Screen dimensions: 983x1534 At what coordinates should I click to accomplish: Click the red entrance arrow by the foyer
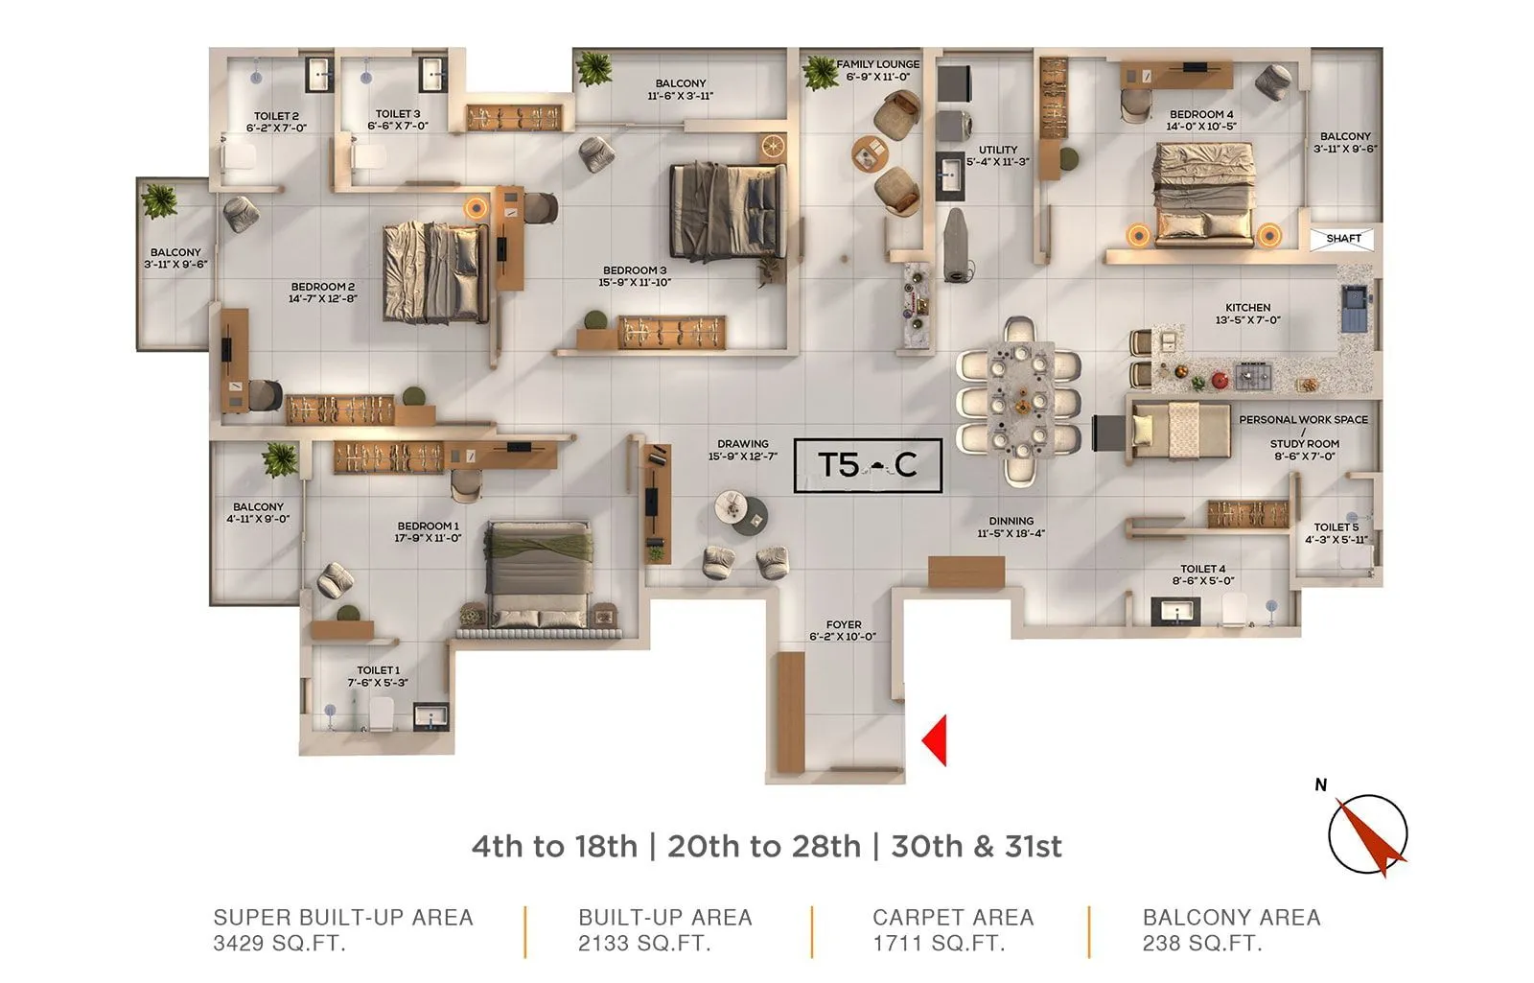(x=936, y=740)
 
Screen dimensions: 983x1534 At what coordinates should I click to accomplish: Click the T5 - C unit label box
(x=868, y=465)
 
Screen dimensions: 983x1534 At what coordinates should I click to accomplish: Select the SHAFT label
(x=1342, y=239)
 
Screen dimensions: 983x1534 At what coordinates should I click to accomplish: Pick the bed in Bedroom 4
(x=1204, y=192)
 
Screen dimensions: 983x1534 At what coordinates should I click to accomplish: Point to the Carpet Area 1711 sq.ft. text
(x=952, y=930)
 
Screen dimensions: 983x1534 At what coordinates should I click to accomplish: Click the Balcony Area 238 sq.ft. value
(x=1201, y=944)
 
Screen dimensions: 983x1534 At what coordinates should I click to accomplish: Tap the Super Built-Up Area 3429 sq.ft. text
(x=342, y=930)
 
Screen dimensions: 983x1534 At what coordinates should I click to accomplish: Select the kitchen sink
(x=1355, y=307)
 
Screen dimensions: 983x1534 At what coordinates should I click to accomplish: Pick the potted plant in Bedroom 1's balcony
(x=280, y=459)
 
